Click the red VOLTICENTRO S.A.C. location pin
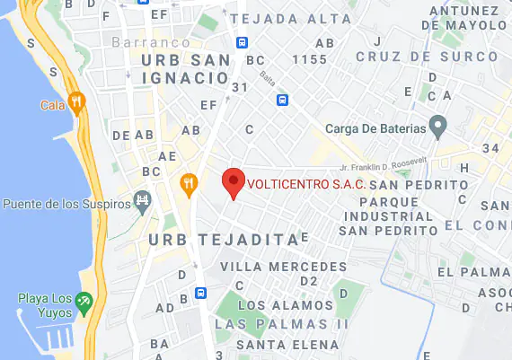(234, 181)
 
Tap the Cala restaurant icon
(76, 103)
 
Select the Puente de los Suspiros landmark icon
(142, 198)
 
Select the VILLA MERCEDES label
(282, 267)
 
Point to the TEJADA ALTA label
(278, 18)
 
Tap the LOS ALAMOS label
(285, 305)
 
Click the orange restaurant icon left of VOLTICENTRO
(189, 184)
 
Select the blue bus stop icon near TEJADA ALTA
(243, 42)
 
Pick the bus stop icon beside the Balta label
(282, 100)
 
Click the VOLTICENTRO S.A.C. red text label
(305, 184)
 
